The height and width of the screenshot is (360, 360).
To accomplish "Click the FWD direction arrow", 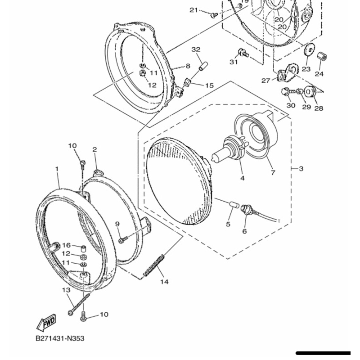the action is pyautogui.click(x=46, y=322).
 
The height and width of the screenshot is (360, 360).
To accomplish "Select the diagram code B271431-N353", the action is pyautogui.click(x=60, y=338).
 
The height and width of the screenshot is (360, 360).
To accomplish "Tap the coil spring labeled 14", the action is pyautogui.click(x=153, y=265).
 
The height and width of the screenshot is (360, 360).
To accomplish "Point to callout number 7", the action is pyautogui.click(x=273, y=172).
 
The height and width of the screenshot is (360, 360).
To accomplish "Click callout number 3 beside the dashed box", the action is pyautogui.click(x=301, y=169).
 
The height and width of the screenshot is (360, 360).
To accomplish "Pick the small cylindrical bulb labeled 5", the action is pyautogui.click(x=234, y=205).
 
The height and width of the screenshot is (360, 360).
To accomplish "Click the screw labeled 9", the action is pyautogui.click(x=122, y=240).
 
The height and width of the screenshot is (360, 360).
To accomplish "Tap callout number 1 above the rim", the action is pyautogui.click(x=57, y=169).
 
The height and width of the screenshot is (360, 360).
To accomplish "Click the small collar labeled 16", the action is pyautogui.click(x=84, y=248).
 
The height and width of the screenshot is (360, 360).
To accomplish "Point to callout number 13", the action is pyautogui.click(x=66, y=290).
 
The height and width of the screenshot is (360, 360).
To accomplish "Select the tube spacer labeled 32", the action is pyautogui.click(x=203, y=66).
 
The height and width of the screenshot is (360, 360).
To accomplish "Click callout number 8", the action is pyautogui.click(x=188, y=66).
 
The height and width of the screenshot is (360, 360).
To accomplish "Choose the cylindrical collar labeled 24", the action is pyautogui.click(x=322, y=57).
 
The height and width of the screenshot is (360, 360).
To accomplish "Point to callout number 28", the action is pyautogui.click(x=319, y=108).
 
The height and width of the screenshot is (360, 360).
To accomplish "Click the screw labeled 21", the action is pyautogui.click(x=214, y=15).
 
